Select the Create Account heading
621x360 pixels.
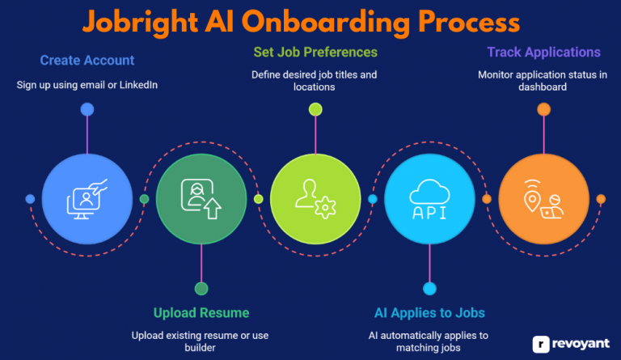pyautogui.click(x=87, y=60)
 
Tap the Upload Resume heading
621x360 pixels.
pyautogui.click(x=201, y=312)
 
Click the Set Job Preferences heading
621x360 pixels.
pyautogui.click(x=315, y=53)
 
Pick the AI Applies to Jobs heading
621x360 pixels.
pyautogui.click(x=429, y=312)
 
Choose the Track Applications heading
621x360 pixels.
pyautogui.click(x=543, y=53)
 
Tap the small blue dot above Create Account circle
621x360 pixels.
pyautogui.click(x=87, y=109)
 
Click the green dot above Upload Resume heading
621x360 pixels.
pyautogui.click(x=201, y=288)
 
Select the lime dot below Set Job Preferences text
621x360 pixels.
pyautogui.click(x=315, y=109)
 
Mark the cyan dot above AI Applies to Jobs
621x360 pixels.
pyautogui.click(x=429, y=288)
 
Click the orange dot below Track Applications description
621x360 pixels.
pyautogui.click(x=543, y=109)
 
